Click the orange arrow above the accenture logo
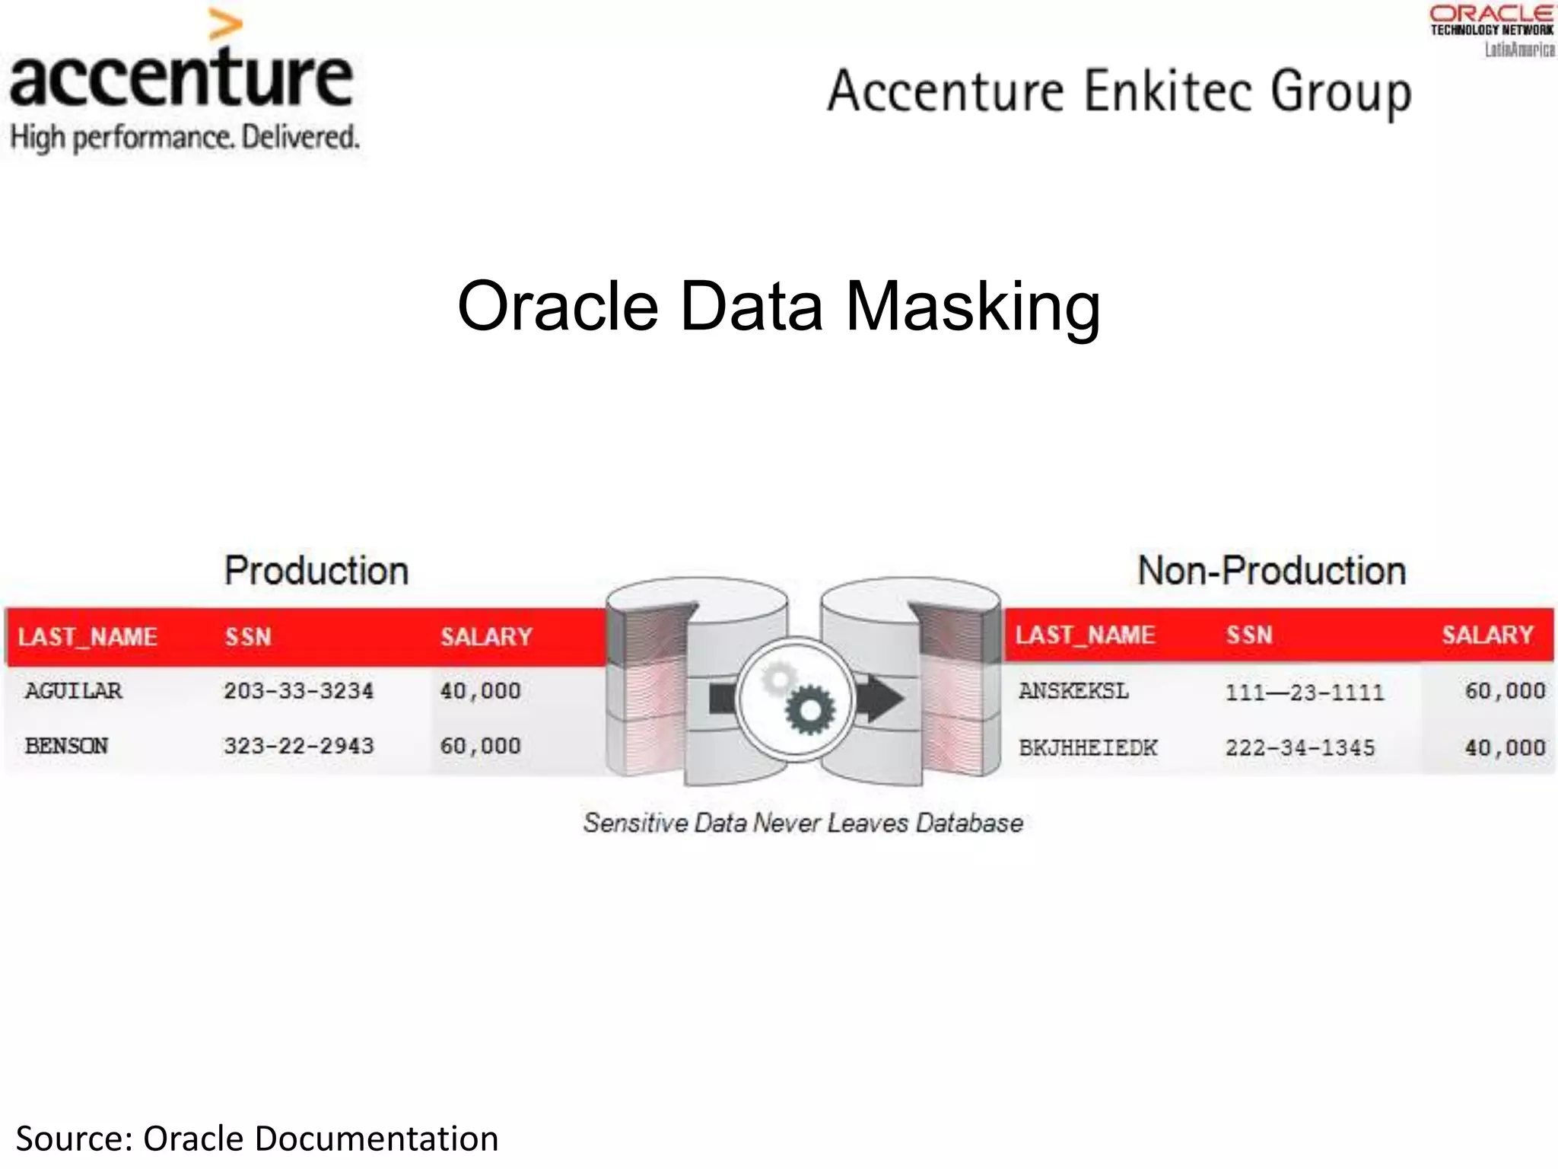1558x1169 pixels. click(225, 26)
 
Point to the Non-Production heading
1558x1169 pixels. click(1271, 571)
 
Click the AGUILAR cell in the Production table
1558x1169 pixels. click(73, 691)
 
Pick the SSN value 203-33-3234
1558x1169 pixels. click(298, 691)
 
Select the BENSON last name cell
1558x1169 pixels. click(67, 746)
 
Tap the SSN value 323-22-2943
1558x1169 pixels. click(298, 746)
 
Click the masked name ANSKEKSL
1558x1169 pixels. click(1073, 691)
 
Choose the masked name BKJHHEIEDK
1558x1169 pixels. click(1088, 747)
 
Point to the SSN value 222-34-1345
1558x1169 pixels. click(1300, 747)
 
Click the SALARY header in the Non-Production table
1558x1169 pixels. click(1487, 635)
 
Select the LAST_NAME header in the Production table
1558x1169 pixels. click(87, 636)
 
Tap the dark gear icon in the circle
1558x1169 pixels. click(809, 709)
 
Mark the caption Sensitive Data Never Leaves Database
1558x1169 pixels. click(803, 823)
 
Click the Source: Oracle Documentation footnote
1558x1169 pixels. click(257, 1139)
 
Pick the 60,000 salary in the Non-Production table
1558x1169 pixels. click(1505, 691)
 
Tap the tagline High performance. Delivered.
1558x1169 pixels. click(184, 139)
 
